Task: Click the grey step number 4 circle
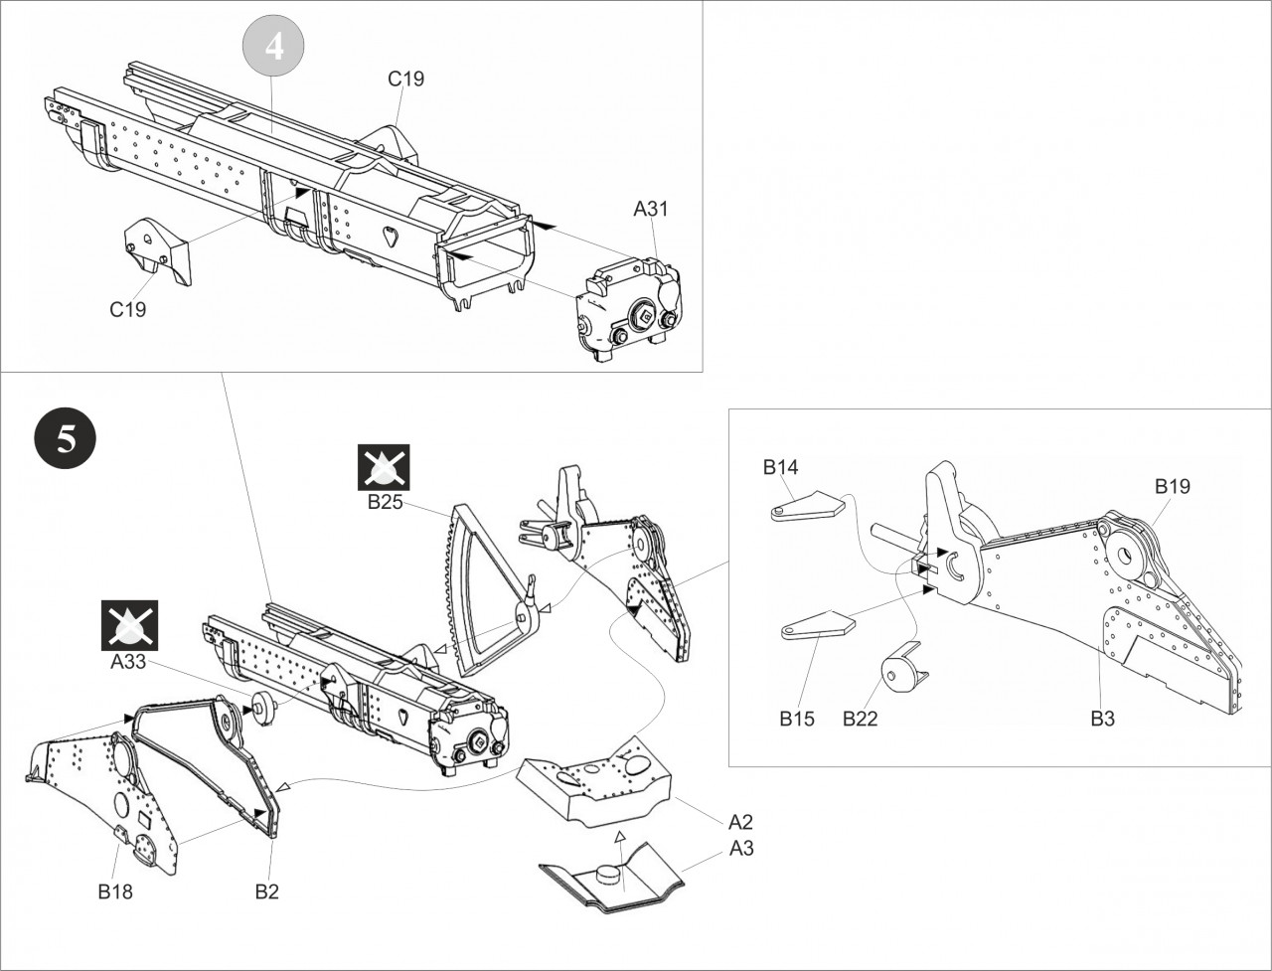click(x=273, y=48)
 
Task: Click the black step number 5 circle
click(x=66, y=439)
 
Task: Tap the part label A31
click(x=651, y=209)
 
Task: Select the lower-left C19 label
click(x=127, y=309)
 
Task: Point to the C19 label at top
click(x=405, y=79)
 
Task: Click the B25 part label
click(x=385, y=502)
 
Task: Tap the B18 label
click(x=115, y=891)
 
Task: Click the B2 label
click(x=266, y=891)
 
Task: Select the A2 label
click(x=740, y=822)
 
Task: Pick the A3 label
click(x=740, y=849)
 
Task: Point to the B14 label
click(x=780, y=467)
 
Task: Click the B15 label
click(x=797, y=719)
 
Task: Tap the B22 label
click(x=861, y=719)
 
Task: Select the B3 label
click(x=1103, y=719)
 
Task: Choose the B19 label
click(x=1172, y=486)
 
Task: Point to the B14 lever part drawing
click(x=806, y=506)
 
